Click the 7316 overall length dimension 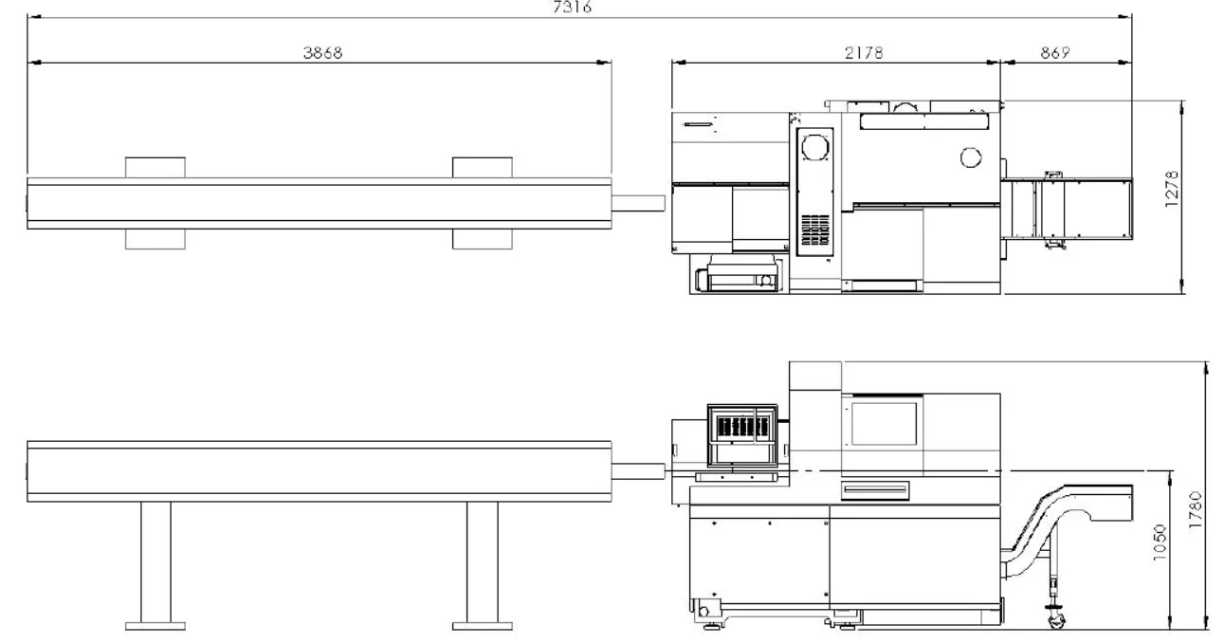tap(572, 7)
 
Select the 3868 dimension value tap(322, 52)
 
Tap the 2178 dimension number tap(864, 52)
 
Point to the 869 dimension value tap(1054, 52)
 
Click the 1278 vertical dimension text tap(1172, 189)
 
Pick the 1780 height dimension tap(1195, 509)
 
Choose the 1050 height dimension tap(1159, 542)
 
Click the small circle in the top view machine tap(971, 157)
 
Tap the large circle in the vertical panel tap(814, 148)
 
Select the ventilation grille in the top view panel tap(814, 230)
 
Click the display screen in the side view tap(884, 424)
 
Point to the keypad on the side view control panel tap(742, 426)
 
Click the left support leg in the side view tap(155, 562)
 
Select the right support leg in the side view tap(483, 562)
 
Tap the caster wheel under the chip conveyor tap(1057, 620)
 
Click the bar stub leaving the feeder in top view tap(638, 203)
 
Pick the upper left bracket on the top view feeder tap(155, 167)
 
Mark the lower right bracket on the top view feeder tap(483, 239)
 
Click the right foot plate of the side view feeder tap(483, 626)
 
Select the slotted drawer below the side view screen tap(875, 490)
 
